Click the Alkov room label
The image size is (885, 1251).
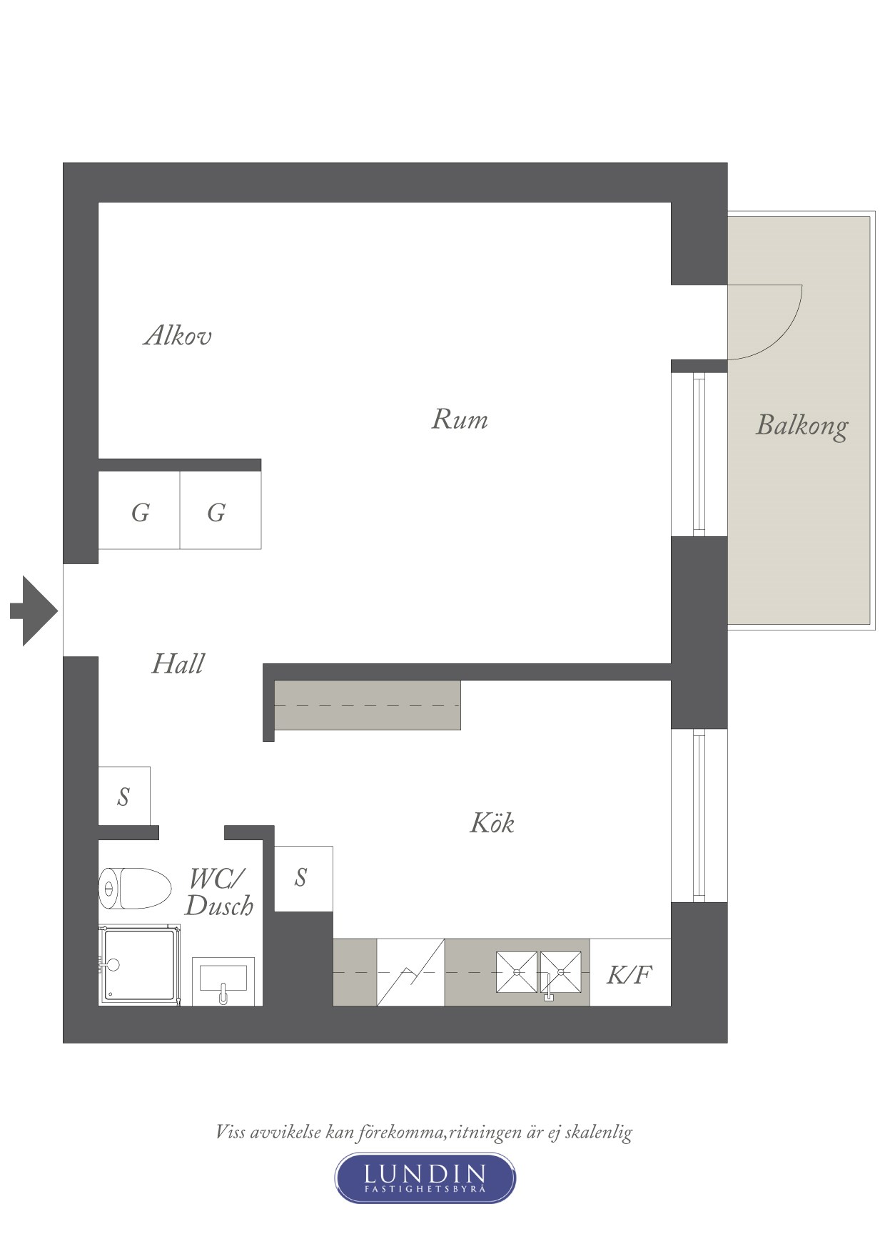click(x=178, y=335)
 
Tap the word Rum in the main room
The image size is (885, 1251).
click(x=460, y=419)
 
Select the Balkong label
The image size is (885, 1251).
click(x=802, y=426)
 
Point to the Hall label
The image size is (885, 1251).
click(x=178, y=664)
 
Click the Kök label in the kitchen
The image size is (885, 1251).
click(x=492, y=822)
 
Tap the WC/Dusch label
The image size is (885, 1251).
click(x=219, y=892)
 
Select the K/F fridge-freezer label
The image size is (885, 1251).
click(x=629, y=974)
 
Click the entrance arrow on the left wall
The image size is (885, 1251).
click(x=34, y=611)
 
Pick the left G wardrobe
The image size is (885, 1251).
click(x=139, y=511)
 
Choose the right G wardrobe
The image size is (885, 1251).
click(x=221, y=511)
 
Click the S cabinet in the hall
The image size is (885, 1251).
click(x=124, y=796)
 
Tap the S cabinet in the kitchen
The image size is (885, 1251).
click(x=303, y=878)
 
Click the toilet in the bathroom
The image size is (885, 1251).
click(x=136, y=888)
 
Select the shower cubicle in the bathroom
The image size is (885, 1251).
click(x=139, y=965)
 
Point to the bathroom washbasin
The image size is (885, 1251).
click(x=223, y=981)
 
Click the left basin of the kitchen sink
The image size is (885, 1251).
click(x=517, y=971)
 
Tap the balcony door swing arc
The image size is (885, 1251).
click(x=780, y=337)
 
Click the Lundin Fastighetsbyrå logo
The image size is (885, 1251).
click(x=425, y=1178)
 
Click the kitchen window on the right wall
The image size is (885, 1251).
click(x=699, y=815)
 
